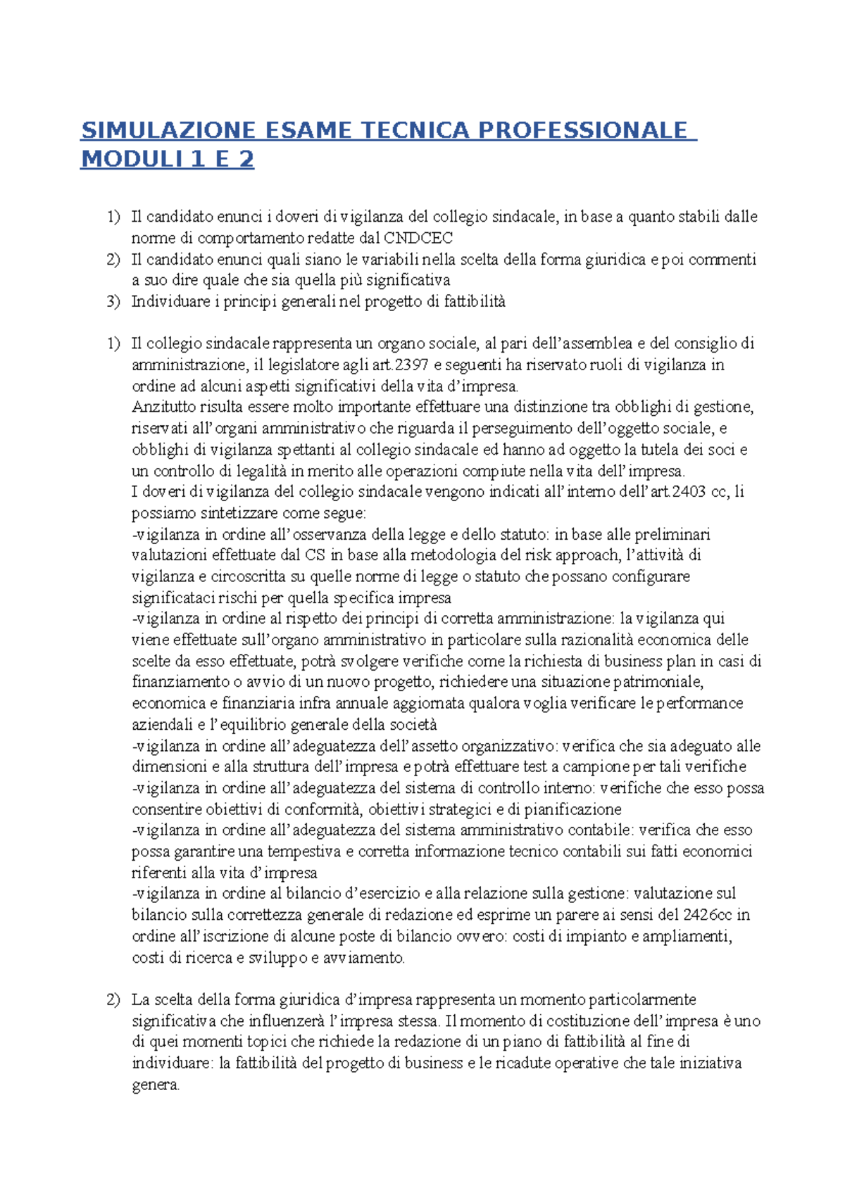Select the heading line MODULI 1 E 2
167,160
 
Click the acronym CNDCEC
417,238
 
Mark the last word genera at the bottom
155,1085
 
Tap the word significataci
175,598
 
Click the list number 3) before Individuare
114,302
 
